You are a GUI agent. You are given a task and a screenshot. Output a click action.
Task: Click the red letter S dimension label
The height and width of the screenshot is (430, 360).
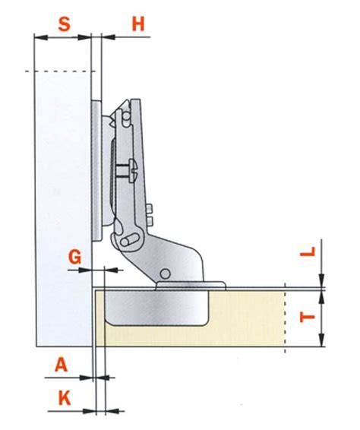pos(65,24)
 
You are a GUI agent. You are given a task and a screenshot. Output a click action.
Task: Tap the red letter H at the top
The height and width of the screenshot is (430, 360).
pos(138,24)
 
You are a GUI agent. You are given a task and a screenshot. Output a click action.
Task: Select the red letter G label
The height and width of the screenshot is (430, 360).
pos(75,258)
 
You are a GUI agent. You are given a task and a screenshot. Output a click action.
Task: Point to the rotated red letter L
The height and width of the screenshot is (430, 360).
pos(308,251)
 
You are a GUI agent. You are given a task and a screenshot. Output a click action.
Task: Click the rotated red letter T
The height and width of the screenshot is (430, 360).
pos(308,318)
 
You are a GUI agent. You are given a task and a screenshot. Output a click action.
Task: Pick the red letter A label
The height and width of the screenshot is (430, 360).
pos(61,365)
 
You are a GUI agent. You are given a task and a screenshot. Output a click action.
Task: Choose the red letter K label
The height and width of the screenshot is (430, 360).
pos(65,398)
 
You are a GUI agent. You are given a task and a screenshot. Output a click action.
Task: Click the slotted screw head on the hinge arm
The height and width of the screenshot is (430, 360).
pos(133,170)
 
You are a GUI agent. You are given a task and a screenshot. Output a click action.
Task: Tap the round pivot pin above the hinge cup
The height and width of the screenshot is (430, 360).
pos(166,273)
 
